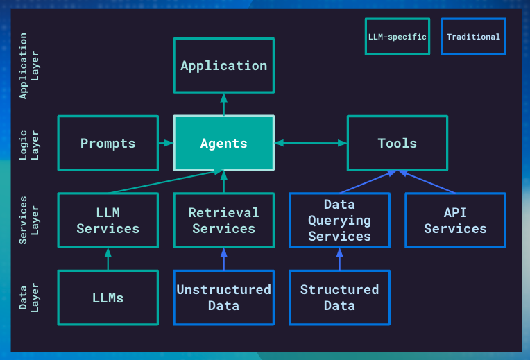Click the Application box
click(223, 66)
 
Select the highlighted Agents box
click(223, 143)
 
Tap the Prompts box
click(108, 143)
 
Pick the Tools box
click(397, 143)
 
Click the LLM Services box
click(108, 221)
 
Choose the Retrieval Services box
click(223, 221)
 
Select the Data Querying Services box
click(339, 221)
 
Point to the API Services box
click(455, 221)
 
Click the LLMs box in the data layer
click(108, 298)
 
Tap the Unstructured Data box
click(223, 298)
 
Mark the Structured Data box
click(339, 298)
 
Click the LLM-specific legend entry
click(397, 37)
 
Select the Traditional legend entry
click(473, 37)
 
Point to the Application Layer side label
click(28, 66)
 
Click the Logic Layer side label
click(28, 143)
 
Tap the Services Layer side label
click(28, 221)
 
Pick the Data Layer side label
click(28, 298)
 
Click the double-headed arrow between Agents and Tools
click(310, 143)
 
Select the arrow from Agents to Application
click(223, 104)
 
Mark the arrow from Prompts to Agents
click(165, 143)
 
